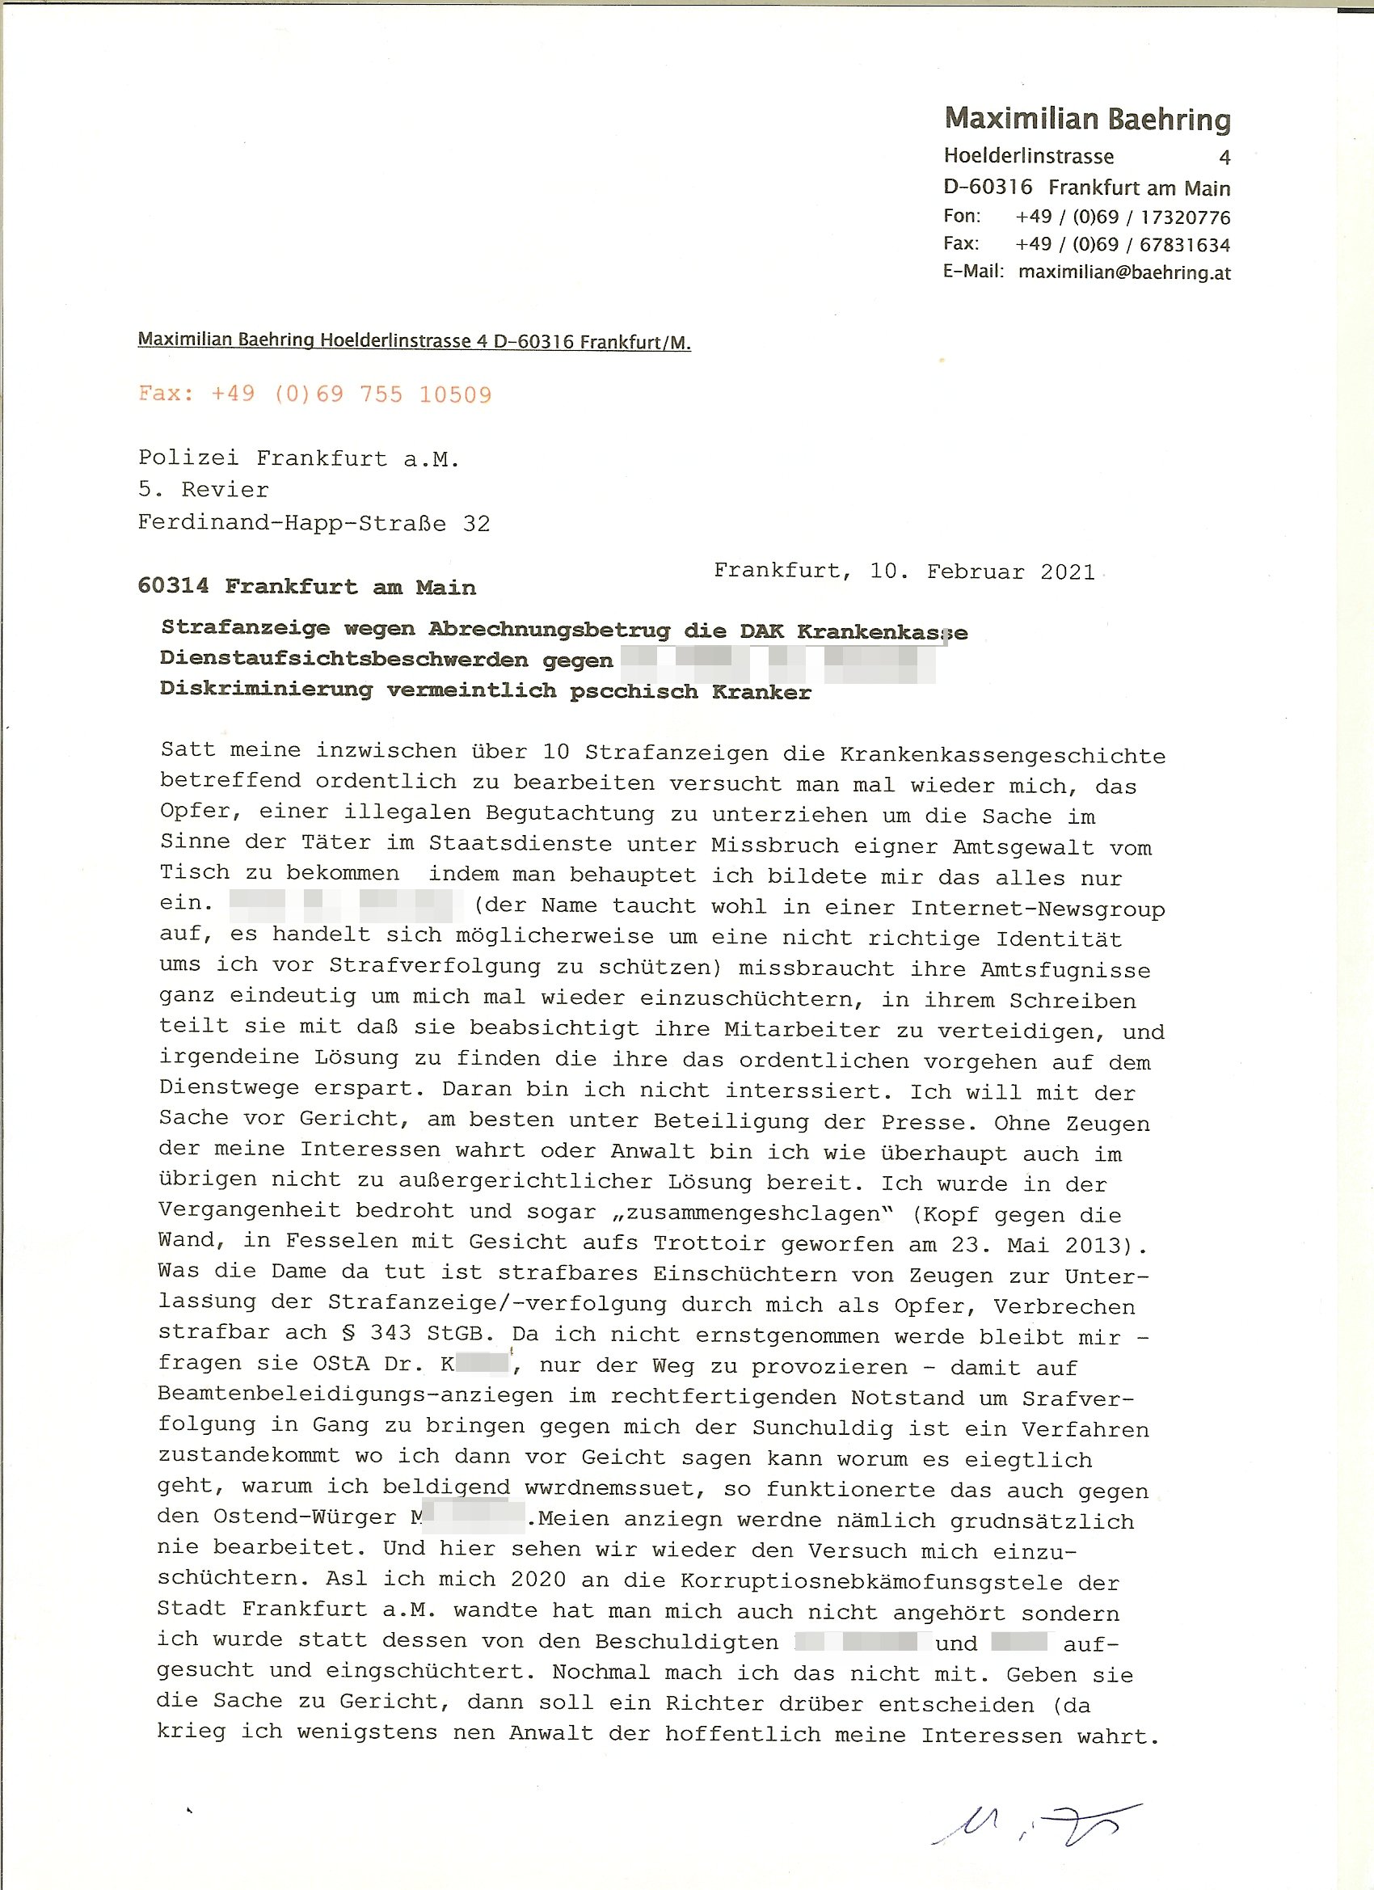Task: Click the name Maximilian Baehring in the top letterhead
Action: [1086, 119]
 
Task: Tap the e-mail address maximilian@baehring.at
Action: [1124, 272]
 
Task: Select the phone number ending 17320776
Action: [1123, 217]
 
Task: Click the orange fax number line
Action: [315, 394]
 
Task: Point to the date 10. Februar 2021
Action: [981, 572]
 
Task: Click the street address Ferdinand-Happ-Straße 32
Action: [314, 523]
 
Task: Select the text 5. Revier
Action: [204, 490]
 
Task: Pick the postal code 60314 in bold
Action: [173, 587]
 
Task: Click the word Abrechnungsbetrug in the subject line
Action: [549, 630]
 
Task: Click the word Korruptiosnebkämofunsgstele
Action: [870, 1582]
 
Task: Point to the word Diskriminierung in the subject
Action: [266, 690]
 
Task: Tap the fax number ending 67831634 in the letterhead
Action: [1123, 245]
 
